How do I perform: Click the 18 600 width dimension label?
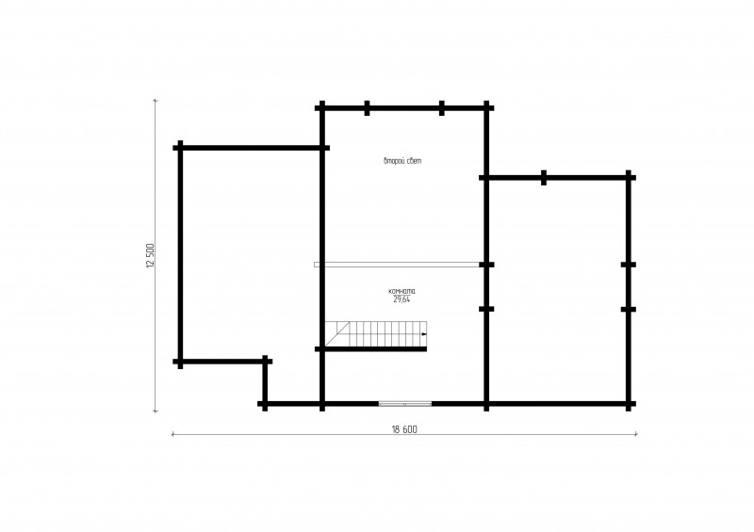(404, 429)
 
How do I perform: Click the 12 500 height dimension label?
(151, 256)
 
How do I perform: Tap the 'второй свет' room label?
(402, 161)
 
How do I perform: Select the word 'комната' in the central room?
(402, 291)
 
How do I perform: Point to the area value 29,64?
(402, 299)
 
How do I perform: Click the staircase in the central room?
(375, 333)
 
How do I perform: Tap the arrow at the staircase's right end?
(423, 333)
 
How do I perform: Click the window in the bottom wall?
(405, 404)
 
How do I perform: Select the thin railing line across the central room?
(397, 265)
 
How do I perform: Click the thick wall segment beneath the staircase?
(373, 349)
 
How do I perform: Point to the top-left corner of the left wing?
(180, 148)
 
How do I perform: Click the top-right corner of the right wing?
(629, 177)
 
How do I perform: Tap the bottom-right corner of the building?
(629, 404)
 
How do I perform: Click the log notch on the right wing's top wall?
(544, 177)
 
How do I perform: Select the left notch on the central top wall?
(367, 108)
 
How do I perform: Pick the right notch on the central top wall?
(442, 108)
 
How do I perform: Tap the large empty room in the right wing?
(557, 291)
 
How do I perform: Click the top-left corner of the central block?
(322, 108)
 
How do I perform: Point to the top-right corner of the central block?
(486, 108)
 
